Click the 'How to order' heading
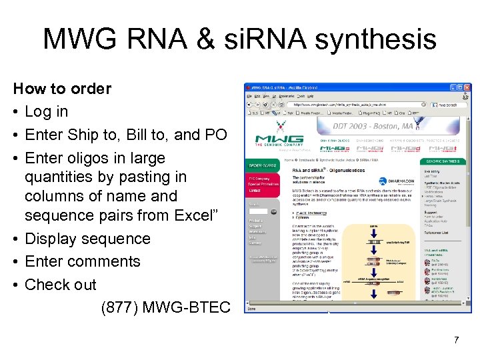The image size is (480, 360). pos(62,89)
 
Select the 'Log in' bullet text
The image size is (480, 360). pos(46,111)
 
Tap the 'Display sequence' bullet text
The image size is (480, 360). pos(87,239)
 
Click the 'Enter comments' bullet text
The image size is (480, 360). pos(82,261)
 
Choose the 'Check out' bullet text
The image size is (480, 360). pos(60,285)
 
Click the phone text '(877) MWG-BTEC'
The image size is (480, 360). pos(165,307)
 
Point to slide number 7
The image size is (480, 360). pos(456,341)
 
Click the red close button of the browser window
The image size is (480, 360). pos(468,87)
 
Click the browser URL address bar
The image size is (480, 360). pos(353,104)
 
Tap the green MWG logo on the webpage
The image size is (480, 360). pos(279,133)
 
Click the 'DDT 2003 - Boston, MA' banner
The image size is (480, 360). pos(374,126)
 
